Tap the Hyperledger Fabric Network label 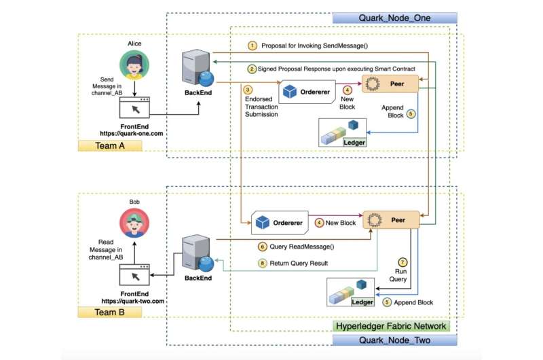pos(392,326)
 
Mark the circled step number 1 pos(252,46)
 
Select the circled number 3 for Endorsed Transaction pos(248,89)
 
